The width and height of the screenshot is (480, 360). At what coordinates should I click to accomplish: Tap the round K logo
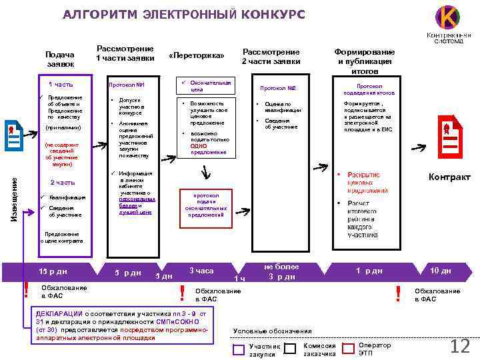[x=447, y=16]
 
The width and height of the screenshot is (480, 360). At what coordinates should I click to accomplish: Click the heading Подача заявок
[x=61, y=59]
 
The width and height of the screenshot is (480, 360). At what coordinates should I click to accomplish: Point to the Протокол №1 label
[x=127, y=85]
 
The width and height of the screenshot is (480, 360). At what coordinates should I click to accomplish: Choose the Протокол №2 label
[x=277, y=88]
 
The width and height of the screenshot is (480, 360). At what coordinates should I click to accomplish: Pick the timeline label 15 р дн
[x=53, y=271]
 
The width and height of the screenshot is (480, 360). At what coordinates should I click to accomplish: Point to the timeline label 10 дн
[x=441, y=270]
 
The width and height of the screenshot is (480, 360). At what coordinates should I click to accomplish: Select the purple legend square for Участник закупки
[x=239, y=349]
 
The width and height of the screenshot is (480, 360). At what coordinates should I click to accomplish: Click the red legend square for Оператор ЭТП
[x=348, y=348]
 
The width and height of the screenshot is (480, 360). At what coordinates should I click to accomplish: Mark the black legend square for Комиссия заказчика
[x=290, y=348]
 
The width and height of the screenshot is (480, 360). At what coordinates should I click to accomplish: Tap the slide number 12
[x=460, y=346]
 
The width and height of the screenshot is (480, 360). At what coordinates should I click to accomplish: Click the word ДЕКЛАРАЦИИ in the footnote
[x=59, y=313]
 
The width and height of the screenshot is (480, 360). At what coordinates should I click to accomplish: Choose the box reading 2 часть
[x=63, y=182]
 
